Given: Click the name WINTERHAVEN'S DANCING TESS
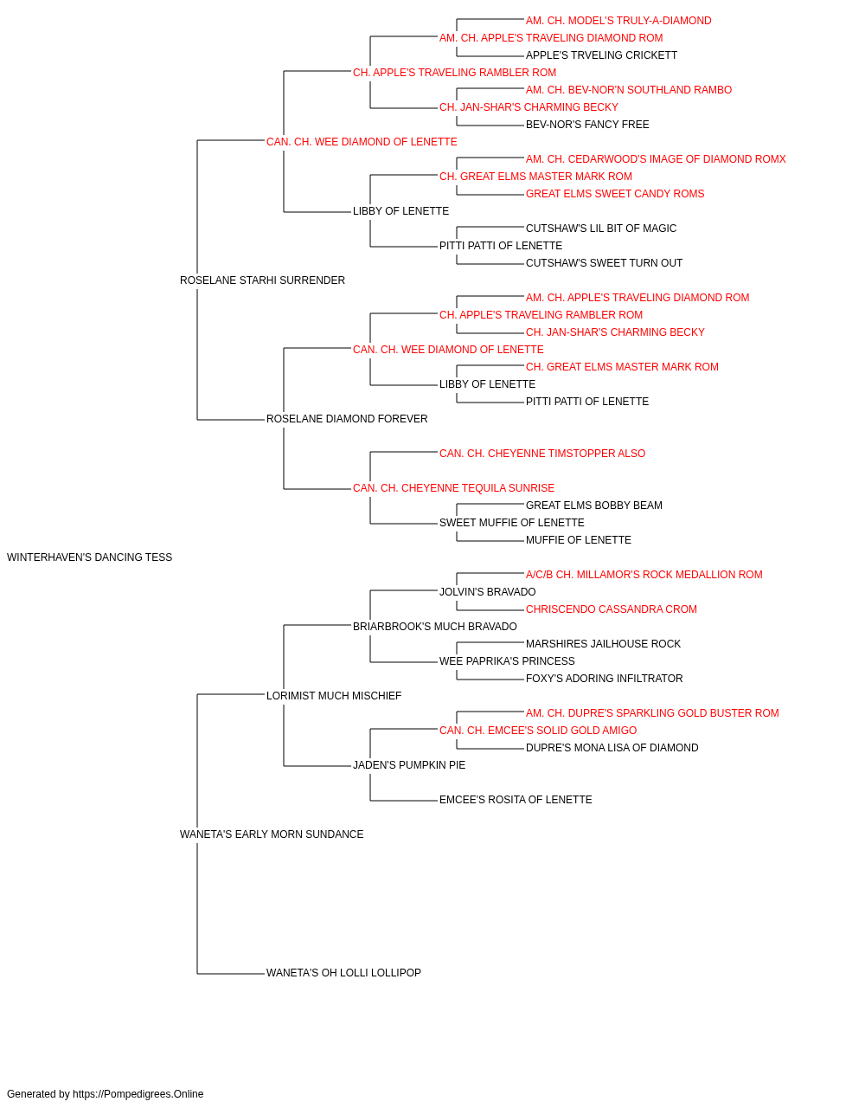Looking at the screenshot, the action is pyautogui.click(x=89, y=557).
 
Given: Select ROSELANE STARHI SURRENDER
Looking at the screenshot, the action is pyautogui.click(x=262, y=280).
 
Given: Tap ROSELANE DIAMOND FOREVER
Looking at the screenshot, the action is pyautogui.click(x=347, y=419).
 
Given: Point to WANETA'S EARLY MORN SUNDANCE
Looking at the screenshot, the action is pyautogui.click(x=272, y=834).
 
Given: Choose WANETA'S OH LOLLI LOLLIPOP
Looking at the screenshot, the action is pyautogui.click(x=344, y=973).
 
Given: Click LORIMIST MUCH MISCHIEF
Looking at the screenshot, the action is pyautogui.click(x=334, y=696).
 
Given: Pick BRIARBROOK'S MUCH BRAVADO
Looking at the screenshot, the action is pyautogui.click(x=435, y=627).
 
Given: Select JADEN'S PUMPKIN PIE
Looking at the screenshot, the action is pyautogui.click(x=409, y=765).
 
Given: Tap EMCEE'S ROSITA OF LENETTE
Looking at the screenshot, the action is pyautogui.click(x=516, y=800).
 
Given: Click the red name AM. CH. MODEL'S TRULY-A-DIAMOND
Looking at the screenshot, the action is pyautogui.click(x=618, y=21).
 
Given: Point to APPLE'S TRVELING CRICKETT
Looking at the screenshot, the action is pyautogui.click(x=602, y=55).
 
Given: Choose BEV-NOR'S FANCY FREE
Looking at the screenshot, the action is pyautogui.click(x=587, y=125).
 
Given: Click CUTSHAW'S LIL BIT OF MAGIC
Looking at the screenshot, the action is pyautogui.click(x=601, y=229).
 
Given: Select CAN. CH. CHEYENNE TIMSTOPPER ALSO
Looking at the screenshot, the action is pyautogui.click(x=542, y=454).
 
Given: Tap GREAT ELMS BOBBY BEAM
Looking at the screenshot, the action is pyautogui.click(x=594, y=506).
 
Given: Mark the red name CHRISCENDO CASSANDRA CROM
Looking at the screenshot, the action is pyautogui.click(x=612, y=609).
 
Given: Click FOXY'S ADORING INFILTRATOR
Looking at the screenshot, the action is pyautogui.click(x=604, y=679).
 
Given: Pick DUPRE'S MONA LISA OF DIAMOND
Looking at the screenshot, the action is pyautogui.click(x=612, y=748).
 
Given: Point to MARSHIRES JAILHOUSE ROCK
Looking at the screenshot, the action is pyautogui.click(x=603, y=644).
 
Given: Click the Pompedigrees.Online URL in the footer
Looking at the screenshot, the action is pyautogui.click(x=138, y=1094).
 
